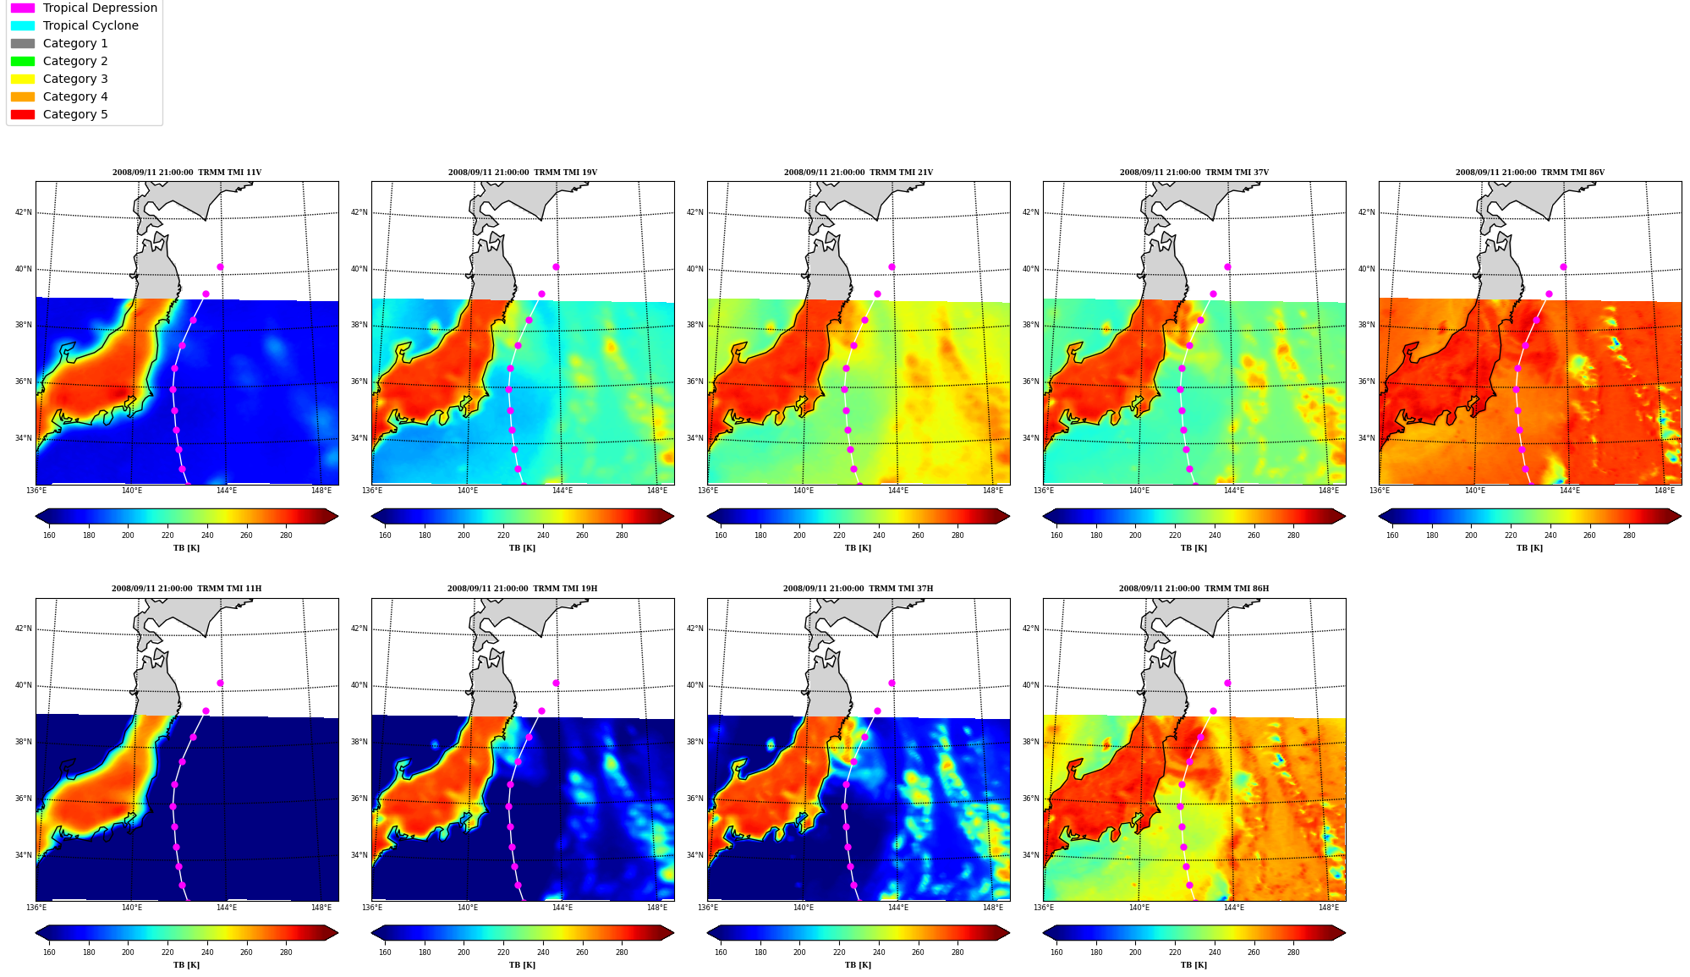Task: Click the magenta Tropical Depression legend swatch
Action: point(23,8)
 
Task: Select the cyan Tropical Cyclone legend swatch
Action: point(23,25)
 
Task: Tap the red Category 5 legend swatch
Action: point(23,114)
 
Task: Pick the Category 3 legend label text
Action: point(75,79)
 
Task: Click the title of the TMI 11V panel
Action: point(187,173)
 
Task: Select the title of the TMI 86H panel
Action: point(1193,589)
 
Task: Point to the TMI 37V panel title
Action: point(1194,173)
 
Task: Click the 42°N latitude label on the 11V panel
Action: point(24,212)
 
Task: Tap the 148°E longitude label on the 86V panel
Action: point(1664,491)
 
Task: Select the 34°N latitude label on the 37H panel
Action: point(695,855)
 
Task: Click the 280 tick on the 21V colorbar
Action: point(957,535)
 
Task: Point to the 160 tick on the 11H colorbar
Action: point(49,952)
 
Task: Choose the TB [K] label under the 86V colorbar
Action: point(1529,548)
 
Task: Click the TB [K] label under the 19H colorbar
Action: point(522,965)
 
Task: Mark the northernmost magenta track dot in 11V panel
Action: point(220,266)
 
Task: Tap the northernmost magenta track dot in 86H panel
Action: point(1227,683)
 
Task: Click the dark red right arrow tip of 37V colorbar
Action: point(1345,516)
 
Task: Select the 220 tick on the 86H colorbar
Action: point(1175,952)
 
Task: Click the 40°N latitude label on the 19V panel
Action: point(359,269)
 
